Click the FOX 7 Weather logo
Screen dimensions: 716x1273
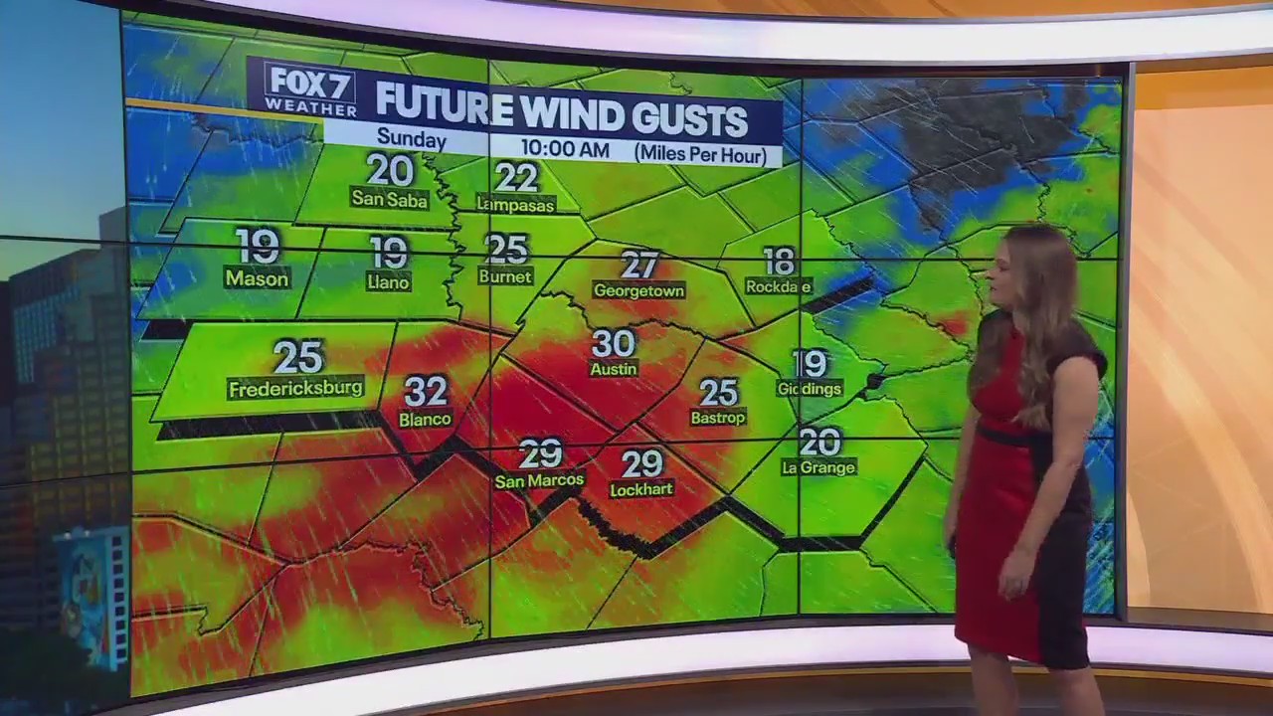point(310,89)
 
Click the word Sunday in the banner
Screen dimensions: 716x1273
point(411,140)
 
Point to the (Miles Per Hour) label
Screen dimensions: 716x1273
point(701,154)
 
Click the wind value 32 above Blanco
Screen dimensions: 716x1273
point(426,391)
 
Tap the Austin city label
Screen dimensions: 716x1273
point(614,369)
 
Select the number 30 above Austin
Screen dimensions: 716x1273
point(614,343)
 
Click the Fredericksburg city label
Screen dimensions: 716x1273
point(295,388)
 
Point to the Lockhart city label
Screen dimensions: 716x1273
point(641,489)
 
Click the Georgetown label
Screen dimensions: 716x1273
point(638,290)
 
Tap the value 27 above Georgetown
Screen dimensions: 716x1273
point(639,265)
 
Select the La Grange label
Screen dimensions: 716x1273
point(818,466)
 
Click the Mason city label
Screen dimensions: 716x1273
point(257,278)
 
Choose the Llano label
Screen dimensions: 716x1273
point(388,281)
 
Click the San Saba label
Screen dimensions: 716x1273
point(389,199)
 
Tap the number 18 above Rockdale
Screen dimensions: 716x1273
point(780,261)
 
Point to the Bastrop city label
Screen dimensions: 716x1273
point(718,418)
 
